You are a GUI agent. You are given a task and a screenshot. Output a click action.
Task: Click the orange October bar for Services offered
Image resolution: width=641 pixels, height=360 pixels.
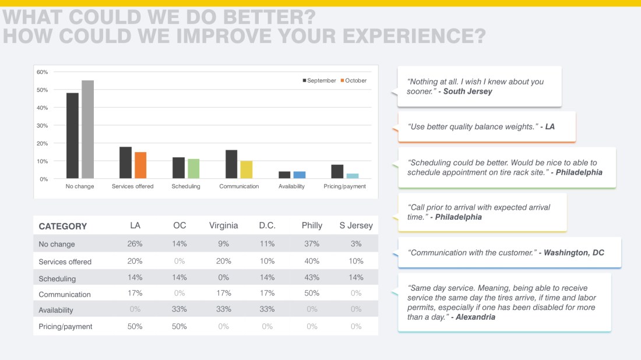pyautogui.click(x=140, y=165)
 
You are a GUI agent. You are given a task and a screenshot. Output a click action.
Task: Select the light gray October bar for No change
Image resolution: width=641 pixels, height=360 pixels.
pyautogui.click(x=87, y=129)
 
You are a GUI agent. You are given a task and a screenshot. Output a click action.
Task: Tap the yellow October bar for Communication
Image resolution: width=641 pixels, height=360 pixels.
pyautogui.click(x=246, y=170)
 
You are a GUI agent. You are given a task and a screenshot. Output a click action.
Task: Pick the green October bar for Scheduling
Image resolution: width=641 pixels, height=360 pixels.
pyautogui.click(x=193, y=168)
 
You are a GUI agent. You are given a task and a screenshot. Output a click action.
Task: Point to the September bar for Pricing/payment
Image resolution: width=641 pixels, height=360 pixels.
pyautogui.click(x=337, y=171)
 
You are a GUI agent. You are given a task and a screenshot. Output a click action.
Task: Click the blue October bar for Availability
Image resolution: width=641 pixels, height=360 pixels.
pyautogui.click(x=300, y=175)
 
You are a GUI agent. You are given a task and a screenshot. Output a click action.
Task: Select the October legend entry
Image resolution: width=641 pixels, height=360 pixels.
pyautogui.click(x=354, y=80)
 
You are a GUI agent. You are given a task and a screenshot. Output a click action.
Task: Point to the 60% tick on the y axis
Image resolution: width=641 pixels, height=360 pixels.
pyautogui.click(x=43, y=72)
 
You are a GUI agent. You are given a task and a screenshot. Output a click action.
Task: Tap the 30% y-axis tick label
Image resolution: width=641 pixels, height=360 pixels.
pyautogui.click(x=43, y=125)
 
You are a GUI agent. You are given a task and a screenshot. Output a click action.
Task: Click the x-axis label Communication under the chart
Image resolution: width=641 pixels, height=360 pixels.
pyautogui.click(x=239, y=186)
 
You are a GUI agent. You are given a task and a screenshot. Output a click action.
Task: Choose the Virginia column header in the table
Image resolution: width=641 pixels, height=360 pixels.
pyautogui.click(x=223, y=225)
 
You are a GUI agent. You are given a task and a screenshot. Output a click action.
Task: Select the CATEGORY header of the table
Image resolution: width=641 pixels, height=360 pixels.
pyautogui.click(x=62, y=226)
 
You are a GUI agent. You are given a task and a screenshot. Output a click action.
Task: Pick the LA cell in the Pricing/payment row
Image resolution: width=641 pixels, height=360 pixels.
pyautogui.click(x=135, y=326)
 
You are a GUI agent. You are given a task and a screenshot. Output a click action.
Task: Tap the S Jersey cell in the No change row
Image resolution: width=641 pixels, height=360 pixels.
pyautogui.click(x=355, y=243)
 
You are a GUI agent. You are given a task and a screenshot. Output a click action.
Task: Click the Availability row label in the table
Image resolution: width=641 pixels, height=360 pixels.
pyautogui.click(x=56, y=310)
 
